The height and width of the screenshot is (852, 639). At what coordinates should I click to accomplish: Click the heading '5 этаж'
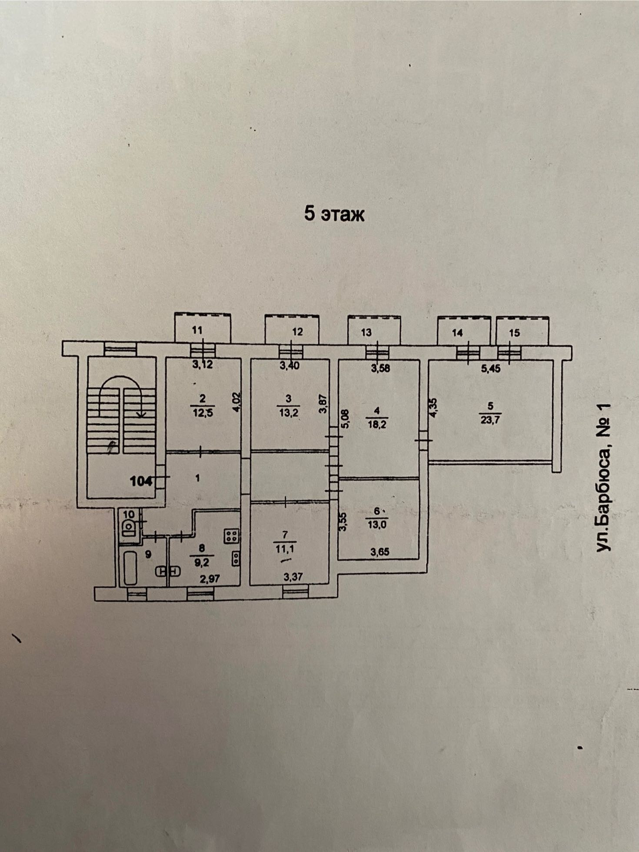pos(334,214)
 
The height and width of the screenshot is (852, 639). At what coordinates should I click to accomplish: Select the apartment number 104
pos(141,481)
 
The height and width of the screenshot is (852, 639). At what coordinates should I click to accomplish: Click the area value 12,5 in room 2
pos(203,413)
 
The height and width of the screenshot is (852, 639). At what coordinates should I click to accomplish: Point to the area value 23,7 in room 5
pos(491,420)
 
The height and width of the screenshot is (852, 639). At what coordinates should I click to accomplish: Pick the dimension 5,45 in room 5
pos(491,369)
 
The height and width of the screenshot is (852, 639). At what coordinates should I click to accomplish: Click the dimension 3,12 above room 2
pos(203,365)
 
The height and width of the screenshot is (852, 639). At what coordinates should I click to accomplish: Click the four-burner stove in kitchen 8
pos(231,536)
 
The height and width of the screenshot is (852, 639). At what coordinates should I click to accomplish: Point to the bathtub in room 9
pos(130,567)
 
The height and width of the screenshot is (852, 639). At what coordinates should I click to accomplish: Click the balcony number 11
pos(197,330)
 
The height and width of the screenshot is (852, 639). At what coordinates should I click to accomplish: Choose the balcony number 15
pos(514,333)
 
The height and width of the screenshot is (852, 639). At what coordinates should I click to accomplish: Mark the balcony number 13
pos(366,333)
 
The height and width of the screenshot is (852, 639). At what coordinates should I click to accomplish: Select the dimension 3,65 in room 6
pos(379,552)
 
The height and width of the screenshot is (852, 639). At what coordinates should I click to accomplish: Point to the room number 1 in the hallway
pos(198,478)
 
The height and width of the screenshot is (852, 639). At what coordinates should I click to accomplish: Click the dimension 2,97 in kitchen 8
pos(210,579)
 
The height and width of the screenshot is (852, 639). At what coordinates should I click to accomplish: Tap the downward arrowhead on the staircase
pos(140,415)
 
